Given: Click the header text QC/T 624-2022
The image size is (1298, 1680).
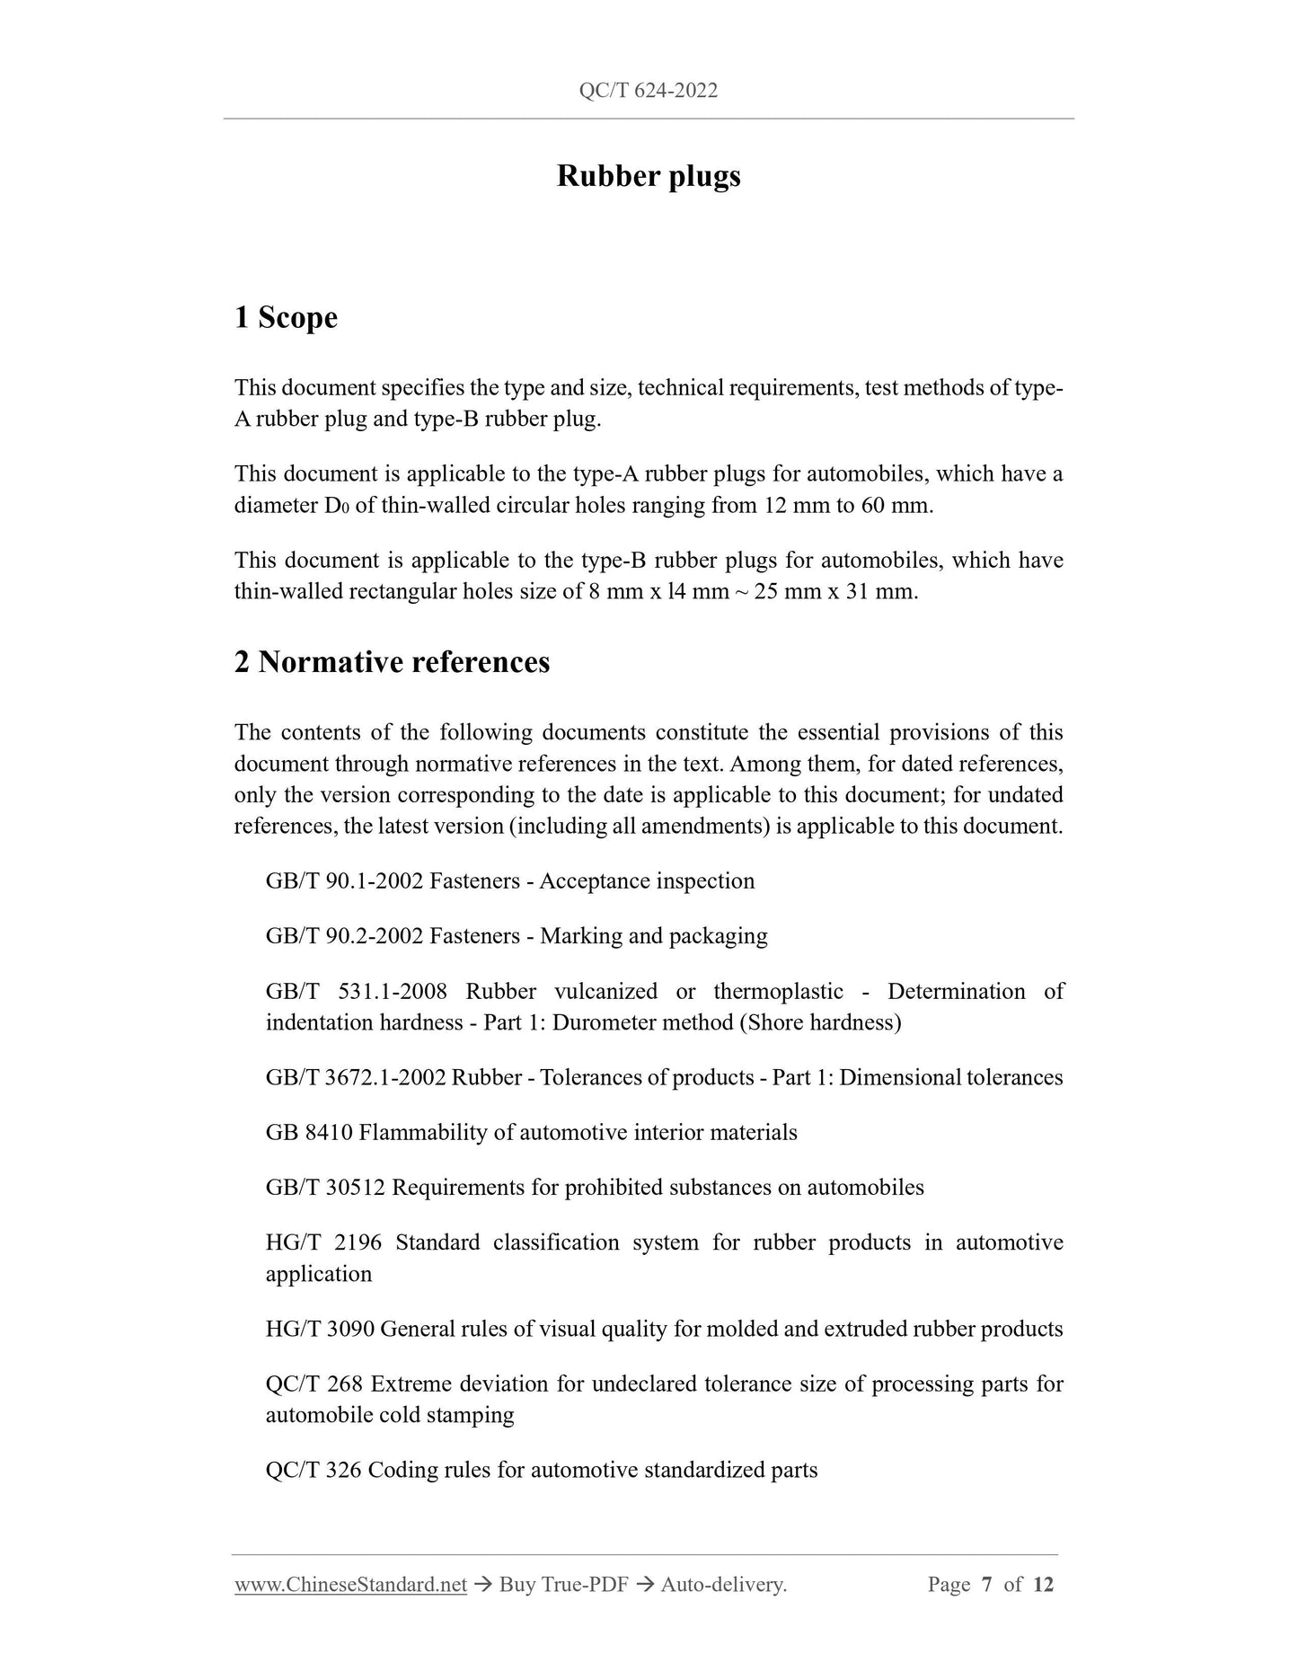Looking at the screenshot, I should (x=649, y=91).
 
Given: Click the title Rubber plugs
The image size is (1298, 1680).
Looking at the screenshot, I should (x=649, y=176).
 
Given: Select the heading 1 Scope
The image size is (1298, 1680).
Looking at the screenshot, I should (x=286, y=318).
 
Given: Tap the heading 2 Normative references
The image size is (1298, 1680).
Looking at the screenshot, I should (x=392, y=663).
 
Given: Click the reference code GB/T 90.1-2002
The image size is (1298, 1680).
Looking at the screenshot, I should (x=344, y=881).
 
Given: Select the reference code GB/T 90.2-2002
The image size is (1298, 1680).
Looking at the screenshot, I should (x=344, y=936).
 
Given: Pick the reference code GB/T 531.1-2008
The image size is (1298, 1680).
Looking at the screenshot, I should (x=356, y=992).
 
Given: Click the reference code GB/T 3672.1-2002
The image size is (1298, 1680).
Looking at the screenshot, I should (x=356, y=1078).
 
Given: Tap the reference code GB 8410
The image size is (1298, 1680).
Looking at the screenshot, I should (x=309, y=1133).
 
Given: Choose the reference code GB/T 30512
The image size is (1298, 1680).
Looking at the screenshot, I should (x=325, y=1188).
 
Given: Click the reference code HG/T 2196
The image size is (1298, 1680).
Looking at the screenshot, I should (x=323, y=1243).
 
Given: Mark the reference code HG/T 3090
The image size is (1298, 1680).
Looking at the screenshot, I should (x=320, y=1330).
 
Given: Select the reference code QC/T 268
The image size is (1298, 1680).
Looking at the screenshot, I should (x=314, y=1384).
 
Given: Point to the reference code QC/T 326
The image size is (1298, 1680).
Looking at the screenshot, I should (x=314, y=1471).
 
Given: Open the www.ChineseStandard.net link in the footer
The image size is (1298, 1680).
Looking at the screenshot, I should (x=350, y=1585).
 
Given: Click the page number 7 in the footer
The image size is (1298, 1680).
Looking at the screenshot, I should (x=986, y=1585).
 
